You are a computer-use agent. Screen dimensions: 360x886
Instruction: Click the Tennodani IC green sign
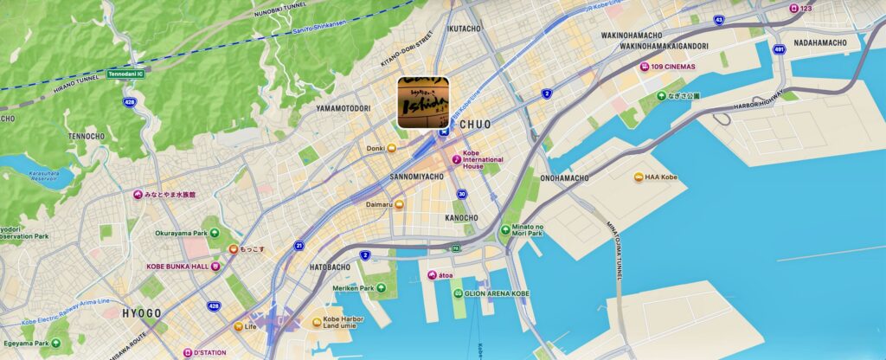pos(125,74)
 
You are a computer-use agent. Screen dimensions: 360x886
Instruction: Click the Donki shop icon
pos(392,149)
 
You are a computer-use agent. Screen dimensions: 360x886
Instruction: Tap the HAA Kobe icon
pos(639,177)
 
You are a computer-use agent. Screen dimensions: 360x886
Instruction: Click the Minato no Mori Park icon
pos(505,230)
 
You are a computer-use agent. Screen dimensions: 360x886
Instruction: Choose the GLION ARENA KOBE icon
pos(456,293)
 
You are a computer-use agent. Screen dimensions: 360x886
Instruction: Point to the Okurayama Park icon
pos(213,234)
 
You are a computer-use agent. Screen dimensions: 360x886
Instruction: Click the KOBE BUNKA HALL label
pos(177,267)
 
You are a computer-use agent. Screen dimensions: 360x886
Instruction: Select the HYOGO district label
pos(142,312)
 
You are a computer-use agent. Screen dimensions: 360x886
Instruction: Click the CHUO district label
pos(475,125)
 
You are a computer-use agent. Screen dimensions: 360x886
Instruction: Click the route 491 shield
pos(779,49)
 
